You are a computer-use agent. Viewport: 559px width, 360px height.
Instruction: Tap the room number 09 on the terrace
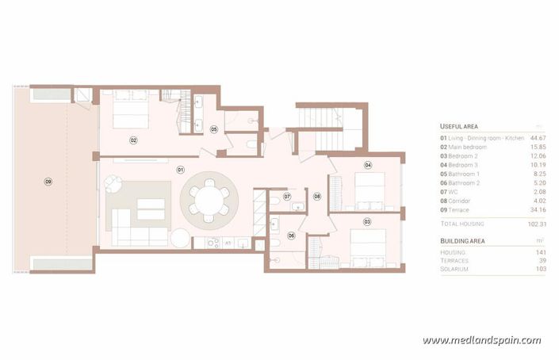48,182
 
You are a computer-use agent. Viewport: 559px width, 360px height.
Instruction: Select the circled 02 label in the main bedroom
134,140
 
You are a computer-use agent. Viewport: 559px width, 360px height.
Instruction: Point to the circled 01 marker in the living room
180,170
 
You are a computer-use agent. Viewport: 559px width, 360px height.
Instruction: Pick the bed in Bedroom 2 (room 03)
368,243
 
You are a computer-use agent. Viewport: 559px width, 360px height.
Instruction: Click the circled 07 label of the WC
287,196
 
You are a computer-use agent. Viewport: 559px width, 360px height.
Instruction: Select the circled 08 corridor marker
317,196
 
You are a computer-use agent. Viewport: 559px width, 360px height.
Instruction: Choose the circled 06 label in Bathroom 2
291,235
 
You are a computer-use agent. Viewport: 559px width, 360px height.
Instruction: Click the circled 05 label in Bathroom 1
213,128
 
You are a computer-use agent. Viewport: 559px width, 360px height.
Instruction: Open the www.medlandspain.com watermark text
481,341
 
